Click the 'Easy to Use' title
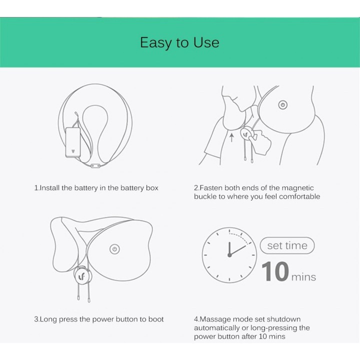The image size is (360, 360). pyautogui.click(x=179, y=42)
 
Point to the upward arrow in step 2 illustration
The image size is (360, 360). pyautogui.click(x=231, y=136)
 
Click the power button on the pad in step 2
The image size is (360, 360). pyautogui.click(x=282, y=105)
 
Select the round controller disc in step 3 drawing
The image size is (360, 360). pyautogui.click(x=82, y=275)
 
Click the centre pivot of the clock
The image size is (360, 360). pyautogui.click(x=229, y=255)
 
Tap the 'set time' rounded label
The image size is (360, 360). pyautogui.click(x=287, y=245)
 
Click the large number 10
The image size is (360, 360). pyautogui.click(x=275, y=272)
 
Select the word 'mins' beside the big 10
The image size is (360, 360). pyautogui.click(x=304, y=276)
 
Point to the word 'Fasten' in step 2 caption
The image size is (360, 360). pyautogui.click(x=211, y=188)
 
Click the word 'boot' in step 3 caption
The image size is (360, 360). pyautogui.click(x=155, y=319)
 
